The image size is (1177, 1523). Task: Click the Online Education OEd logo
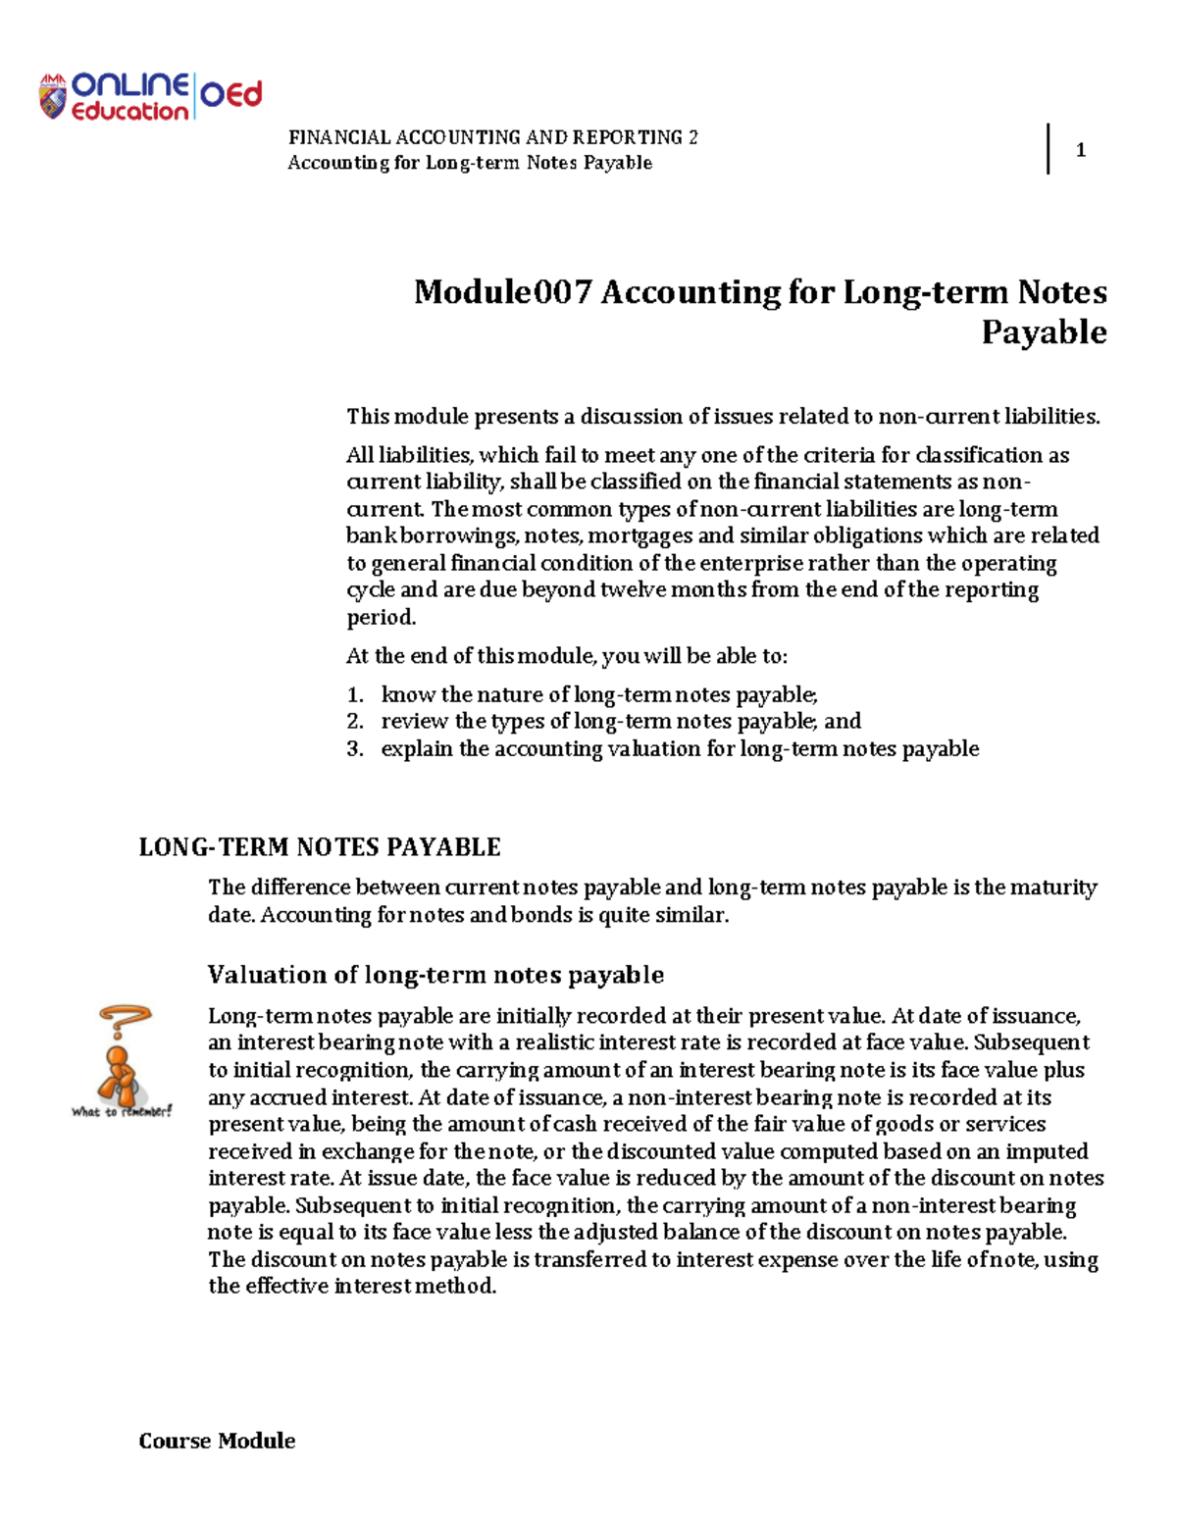point(150,97)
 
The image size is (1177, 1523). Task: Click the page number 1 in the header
point(1080,150)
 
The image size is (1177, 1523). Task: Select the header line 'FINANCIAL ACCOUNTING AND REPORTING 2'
point(492,137)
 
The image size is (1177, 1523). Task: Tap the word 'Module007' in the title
point(502,292)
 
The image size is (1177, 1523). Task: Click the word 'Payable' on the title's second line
point(1044,332)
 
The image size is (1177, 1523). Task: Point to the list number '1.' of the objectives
point(355,695)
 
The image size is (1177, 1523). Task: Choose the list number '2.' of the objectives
point(355,722)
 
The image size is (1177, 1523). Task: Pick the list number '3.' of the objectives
point(355,749)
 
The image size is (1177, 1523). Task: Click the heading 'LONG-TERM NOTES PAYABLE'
point(320,847)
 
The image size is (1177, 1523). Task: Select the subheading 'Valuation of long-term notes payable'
point(435,975)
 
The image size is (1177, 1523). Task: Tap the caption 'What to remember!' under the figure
point(122,1111)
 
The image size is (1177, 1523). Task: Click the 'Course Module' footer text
point(217,1441)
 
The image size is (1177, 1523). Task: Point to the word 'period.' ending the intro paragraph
point(381,618)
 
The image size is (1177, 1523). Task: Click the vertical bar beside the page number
point(1049,149)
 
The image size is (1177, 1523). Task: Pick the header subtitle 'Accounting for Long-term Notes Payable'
point(469,163)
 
